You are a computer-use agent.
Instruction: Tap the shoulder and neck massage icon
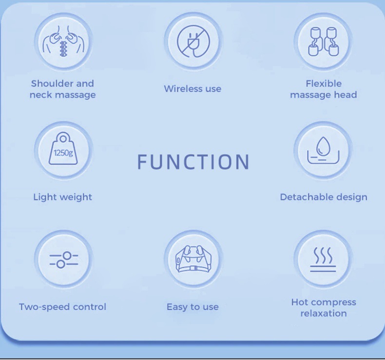pos(63,41)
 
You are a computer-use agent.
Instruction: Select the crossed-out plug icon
pos(192,40)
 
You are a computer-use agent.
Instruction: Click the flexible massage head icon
pos(323,41)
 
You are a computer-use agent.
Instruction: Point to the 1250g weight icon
pos(63,149)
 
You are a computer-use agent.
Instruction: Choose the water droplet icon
pos(323,149)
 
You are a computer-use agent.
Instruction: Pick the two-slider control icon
pos(63,259)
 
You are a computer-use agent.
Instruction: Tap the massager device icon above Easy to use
pos(192,259)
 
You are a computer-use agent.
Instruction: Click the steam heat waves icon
pos(323,259)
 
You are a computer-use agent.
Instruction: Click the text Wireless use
pos(192,89)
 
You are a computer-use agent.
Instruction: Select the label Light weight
pos(62,197)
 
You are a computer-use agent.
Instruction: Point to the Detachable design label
pos(324,197)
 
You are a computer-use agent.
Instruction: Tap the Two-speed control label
pos(62,307)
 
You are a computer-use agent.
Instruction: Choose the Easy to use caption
pos(192,307)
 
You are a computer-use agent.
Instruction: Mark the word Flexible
pos(324,83)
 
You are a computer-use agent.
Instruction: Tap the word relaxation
pos(324,313)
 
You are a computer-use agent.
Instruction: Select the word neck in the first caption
pos(40,95)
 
